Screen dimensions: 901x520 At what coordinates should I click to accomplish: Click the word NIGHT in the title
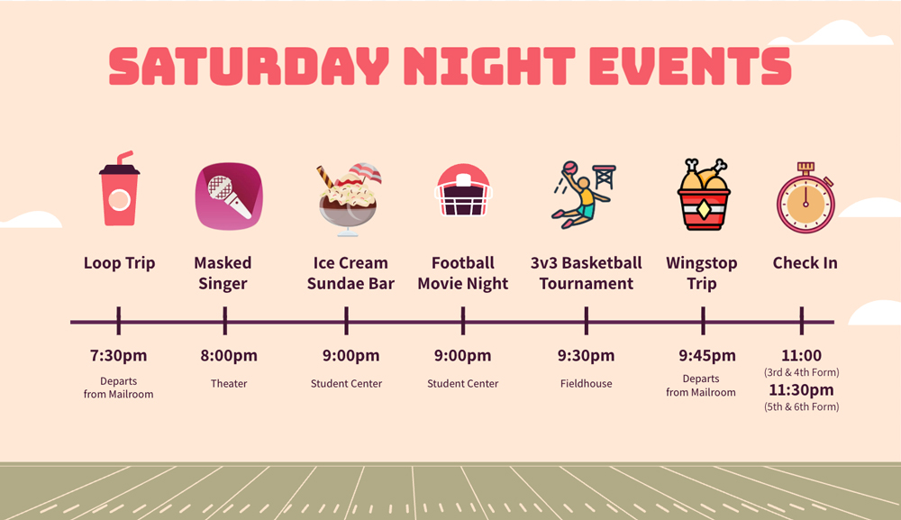[489, 66]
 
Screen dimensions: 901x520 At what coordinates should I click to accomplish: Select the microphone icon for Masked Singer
[229, 196]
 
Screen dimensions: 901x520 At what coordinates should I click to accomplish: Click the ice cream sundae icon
[349, 199]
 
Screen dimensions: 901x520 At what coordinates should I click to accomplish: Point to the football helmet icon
[463, 190]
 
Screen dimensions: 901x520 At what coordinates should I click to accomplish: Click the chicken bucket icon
[704, 195]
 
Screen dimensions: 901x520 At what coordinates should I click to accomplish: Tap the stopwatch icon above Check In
[805, 197]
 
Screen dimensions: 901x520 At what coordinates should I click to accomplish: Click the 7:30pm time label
[118, 356]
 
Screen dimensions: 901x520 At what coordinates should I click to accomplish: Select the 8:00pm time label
[229, 356]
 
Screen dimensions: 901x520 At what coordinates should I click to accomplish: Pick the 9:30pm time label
[587, 356]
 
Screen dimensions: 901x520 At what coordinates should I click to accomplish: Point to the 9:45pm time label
[707, 356]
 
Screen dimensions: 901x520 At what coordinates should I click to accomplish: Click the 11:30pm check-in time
[802, 390]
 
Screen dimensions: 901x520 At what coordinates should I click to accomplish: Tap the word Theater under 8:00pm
[229, 383]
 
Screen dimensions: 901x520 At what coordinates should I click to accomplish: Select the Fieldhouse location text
[587, 383]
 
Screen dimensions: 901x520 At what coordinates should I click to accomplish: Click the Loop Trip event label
[120, 263]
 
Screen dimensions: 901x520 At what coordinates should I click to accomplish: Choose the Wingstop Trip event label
[702, 273]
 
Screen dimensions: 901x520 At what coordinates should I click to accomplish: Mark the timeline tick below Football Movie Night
[463, 321]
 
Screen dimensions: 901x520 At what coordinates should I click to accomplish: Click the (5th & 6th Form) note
[802, 406]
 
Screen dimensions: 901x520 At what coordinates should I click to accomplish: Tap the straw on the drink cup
[124, 158]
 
